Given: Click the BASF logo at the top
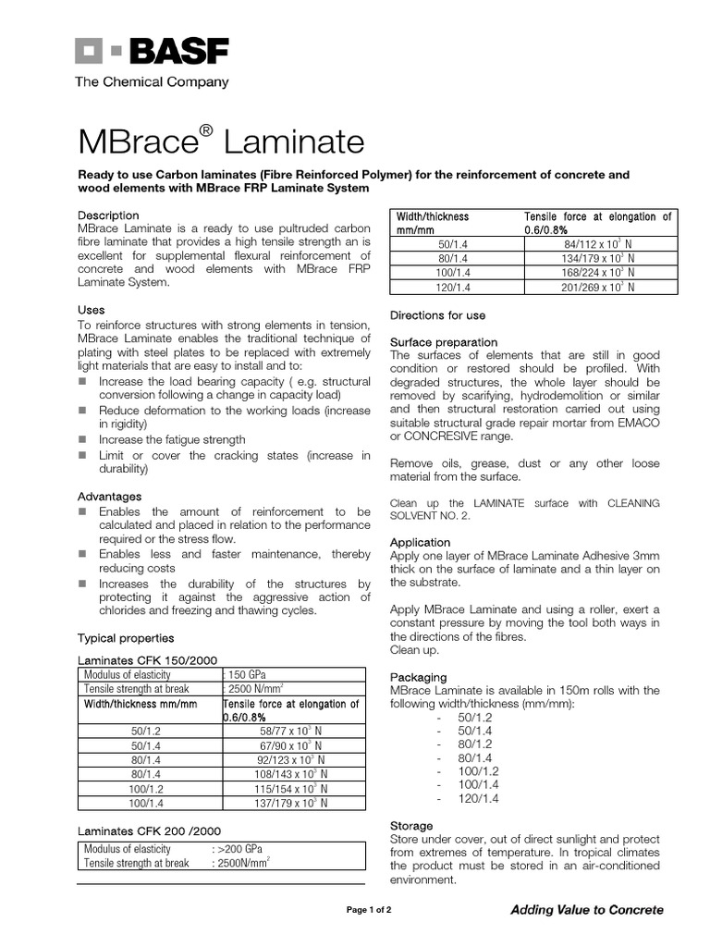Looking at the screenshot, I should coord(152,52).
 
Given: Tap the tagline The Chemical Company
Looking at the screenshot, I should coord(152,82).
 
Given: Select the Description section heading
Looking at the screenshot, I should coord(108,215).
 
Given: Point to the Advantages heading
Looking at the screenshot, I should coord(109,497).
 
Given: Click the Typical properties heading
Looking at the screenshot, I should coord(125,638).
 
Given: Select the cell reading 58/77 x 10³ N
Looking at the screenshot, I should coord(290,731).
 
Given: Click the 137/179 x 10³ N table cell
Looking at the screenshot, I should coord(290,804).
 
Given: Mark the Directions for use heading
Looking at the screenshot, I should coord(437,315).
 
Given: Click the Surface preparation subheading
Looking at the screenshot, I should coord(444,342).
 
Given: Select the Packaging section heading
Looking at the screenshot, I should coord(418,677).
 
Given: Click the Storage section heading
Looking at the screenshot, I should coord(411,826).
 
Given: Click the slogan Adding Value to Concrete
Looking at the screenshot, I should coord(586,910).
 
